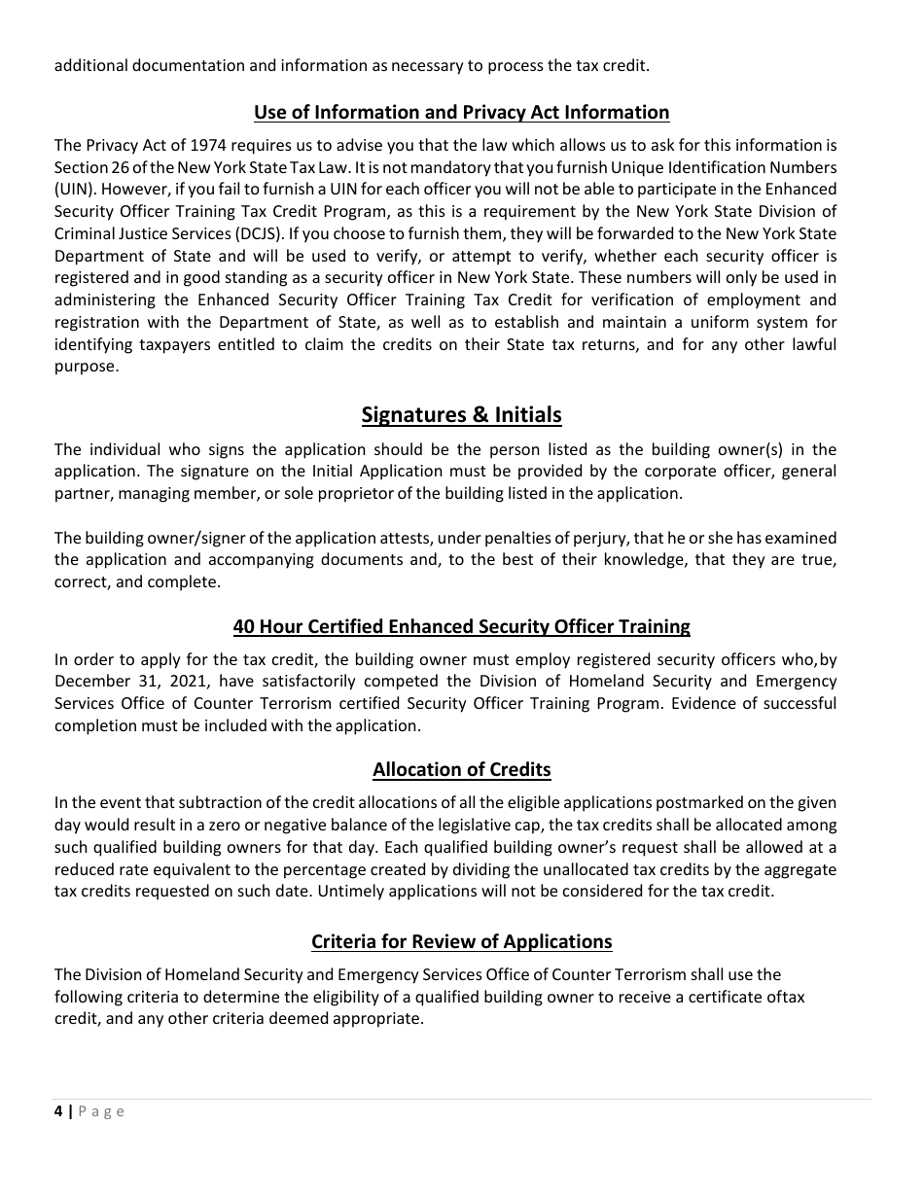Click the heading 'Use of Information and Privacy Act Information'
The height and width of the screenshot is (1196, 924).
click(461, 113)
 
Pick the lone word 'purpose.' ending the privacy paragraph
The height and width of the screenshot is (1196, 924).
click(87, 367)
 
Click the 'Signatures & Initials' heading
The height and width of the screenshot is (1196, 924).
click(461, 415)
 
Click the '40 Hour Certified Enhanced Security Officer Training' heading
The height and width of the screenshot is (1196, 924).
click(461, 627)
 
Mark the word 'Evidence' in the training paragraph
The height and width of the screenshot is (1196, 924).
click(699, 703)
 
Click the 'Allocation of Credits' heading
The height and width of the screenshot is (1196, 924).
click(461, 770)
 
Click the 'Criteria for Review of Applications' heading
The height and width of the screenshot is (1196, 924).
click(461, 942)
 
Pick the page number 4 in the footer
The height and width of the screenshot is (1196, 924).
click(58, 1111)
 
